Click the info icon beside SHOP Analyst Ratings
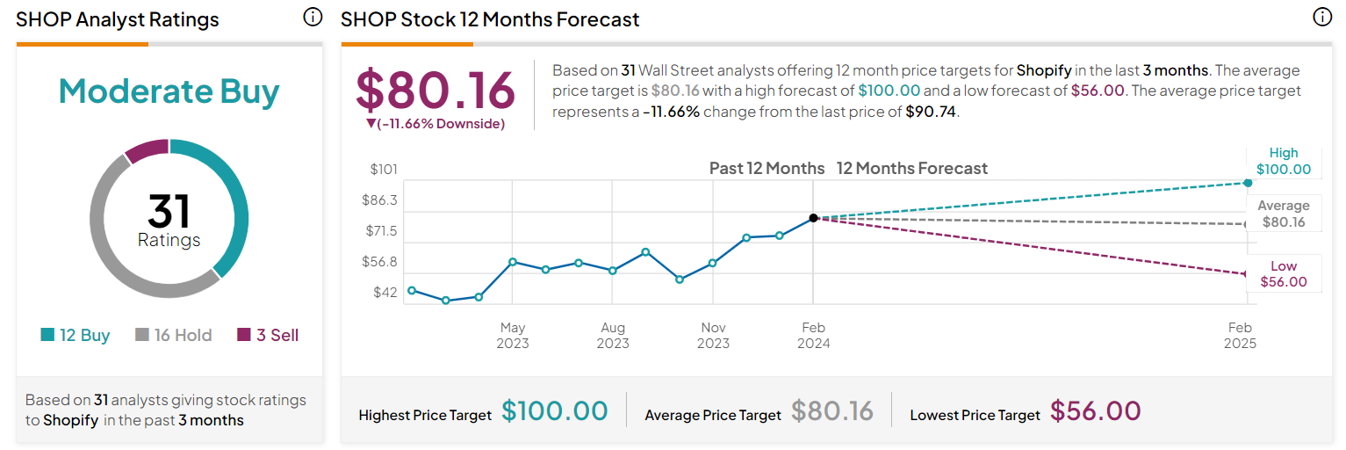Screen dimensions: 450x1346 coord(313,18)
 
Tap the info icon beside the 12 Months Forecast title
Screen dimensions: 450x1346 coord(1322,18)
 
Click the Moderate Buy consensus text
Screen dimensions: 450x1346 coord(169,91)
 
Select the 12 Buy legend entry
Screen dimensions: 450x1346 coord(76,335)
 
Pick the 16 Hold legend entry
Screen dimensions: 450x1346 coord(173,335)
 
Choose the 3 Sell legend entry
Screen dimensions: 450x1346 coord(268,335)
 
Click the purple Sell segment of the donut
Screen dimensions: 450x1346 coord(147,149)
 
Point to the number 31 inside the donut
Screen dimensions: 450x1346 coord(169,211)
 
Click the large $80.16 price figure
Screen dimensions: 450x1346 coord(435,91)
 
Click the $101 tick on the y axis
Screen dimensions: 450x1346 coord(384,169)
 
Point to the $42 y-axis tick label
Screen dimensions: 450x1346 coord(385,292)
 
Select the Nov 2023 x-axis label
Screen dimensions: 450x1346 coord(713,335)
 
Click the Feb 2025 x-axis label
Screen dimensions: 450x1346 coord(1240,335)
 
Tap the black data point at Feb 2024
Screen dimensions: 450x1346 coord(814,217)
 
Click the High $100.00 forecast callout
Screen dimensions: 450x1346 coord(1283,162)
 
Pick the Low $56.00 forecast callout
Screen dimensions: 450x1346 coord(1283,274)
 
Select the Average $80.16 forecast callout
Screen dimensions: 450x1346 coord(1283,214)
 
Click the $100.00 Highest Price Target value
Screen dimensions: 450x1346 coord(554,410)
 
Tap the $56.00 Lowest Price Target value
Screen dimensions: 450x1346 coord(1095,410)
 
